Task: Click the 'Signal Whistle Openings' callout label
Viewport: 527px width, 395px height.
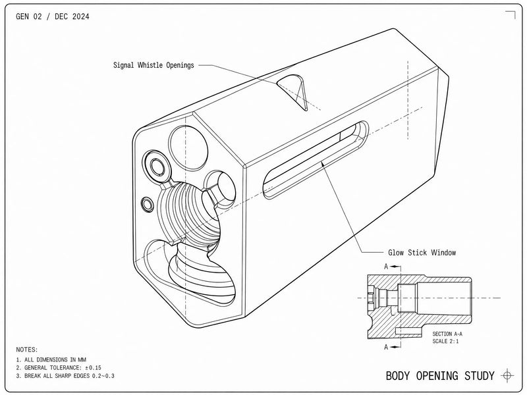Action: [153, 65]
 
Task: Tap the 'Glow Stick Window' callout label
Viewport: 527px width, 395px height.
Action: [422, 252]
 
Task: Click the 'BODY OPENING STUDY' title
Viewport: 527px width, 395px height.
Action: [440, 375]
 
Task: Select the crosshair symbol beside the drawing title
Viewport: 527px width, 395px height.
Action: [507, 375]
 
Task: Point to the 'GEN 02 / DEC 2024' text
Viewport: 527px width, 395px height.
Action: [53, 16]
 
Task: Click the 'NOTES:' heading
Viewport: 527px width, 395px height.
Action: [27, 350]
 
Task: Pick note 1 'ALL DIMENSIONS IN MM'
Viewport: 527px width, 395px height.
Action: [51, 359]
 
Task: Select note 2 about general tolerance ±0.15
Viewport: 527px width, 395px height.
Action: [59, 367]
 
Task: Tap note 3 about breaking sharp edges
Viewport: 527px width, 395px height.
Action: [65, 375]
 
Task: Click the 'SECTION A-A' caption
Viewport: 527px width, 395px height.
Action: [447, 334]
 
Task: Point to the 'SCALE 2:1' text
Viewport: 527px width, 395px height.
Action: [445, 341]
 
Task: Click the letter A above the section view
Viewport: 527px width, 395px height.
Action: [386, 267]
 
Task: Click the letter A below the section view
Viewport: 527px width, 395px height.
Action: [386, 347]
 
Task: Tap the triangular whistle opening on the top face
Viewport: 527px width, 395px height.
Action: [294, 89]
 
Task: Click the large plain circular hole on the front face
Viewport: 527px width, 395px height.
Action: [188, 147]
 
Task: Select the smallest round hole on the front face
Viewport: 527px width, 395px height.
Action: [147, 204]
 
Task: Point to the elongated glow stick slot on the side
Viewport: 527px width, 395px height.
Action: [316, 159]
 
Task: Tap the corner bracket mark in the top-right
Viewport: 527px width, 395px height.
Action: [510, 14]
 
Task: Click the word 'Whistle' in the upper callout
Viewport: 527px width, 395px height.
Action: [150, 65]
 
